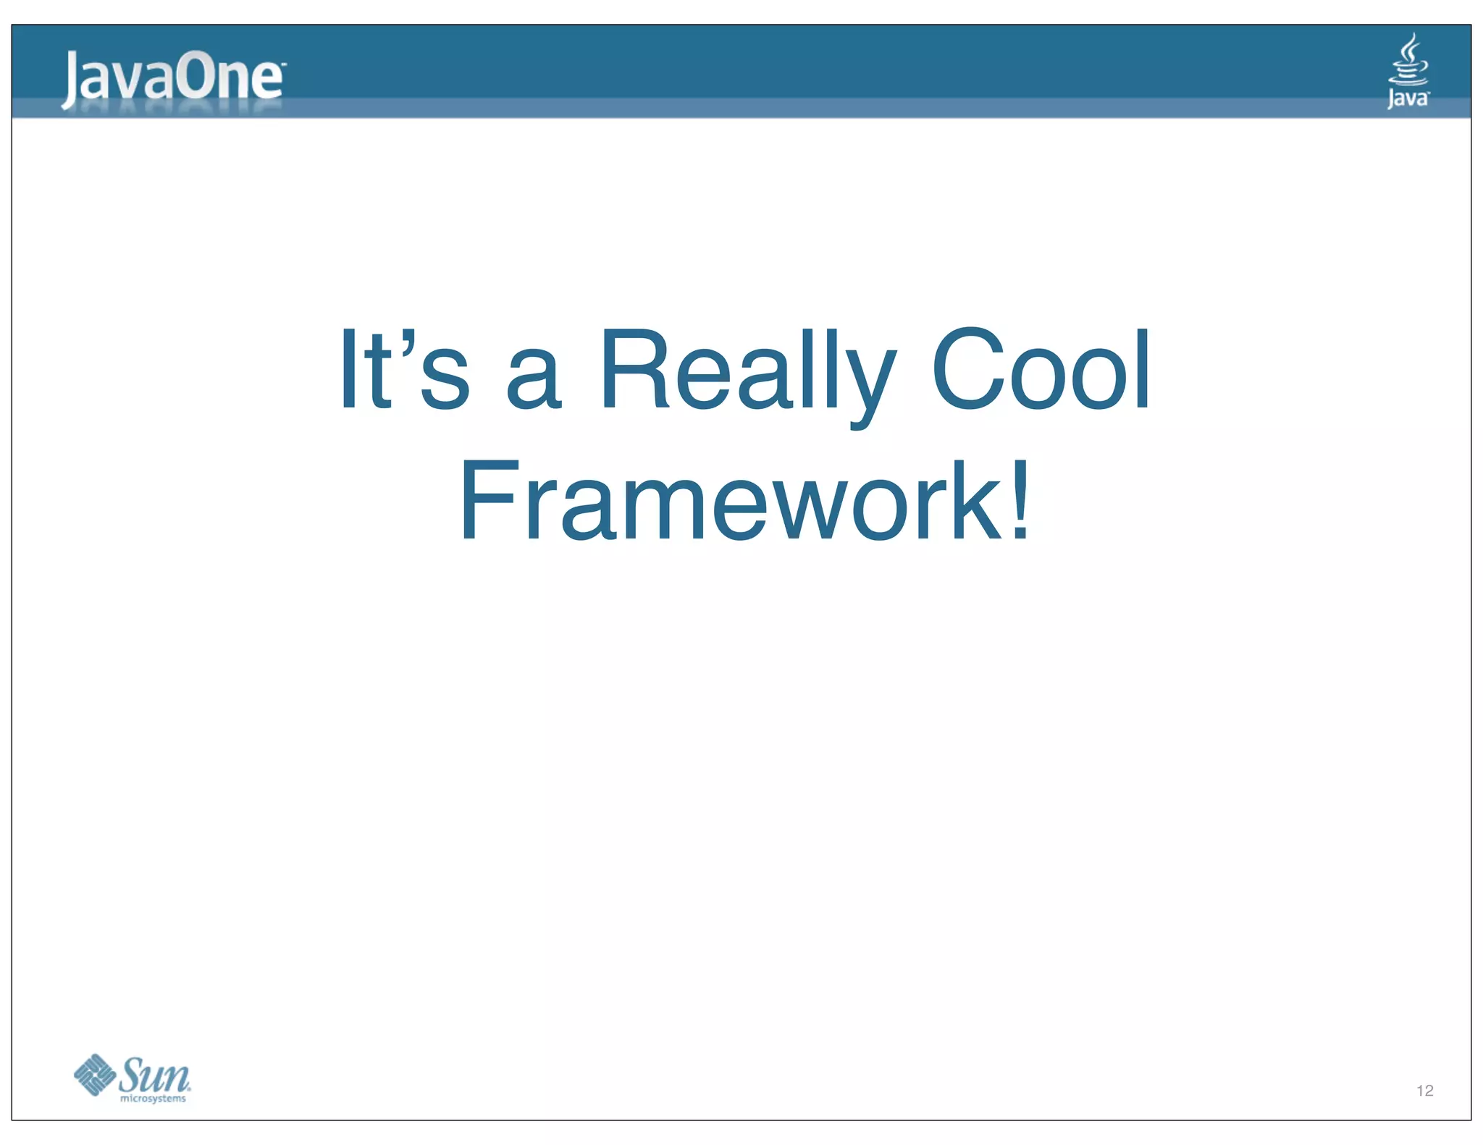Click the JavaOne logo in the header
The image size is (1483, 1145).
(173, 77)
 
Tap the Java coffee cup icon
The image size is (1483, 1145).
(1408, 62)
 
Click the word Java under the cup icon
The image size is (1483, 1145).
(1408, 98)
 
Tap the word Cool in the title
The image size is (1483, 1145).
(1041, 371)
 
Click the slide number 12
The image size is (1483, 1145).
(1424, 1091)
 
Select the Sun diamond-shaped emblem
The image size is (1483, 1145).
(95, 1075)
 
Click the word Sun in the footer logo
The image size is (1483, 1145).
(154, 1075)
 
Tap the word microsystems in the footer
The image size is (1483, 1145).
(153, 1099)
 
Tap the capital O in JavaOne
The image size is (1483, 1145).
(198, 76)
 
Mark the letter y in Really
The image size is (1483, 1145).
(870, 384)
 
